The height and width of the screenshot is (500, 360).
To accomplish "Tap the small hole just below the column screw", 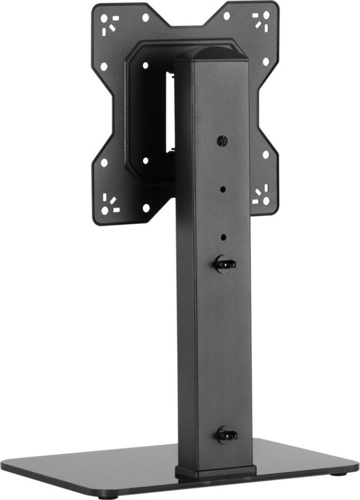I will pos(223,189).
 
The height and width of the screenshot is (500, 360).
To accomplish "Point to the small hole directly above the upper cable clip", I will pos(224,237).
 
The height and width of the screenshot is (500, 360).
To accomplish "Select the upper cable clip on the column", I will pos(225,264).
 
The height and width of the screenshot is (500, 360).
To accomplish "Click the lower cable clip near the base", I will pos(226,435).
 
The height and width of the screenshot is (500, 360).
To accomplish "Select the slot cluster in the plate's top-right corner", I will pos(260,21).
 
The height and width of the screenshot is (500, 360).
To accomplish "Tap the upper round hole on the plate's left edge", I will pos(104,66).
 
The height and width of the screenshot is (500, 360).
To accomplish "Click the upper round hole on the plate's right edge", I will pos(266,61).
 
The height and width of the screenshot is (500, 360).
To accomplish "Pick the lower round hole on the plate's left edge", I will pos(104,163).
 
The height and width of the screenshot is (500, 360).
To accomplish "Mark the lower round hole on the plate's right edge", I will pos(266,155).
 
